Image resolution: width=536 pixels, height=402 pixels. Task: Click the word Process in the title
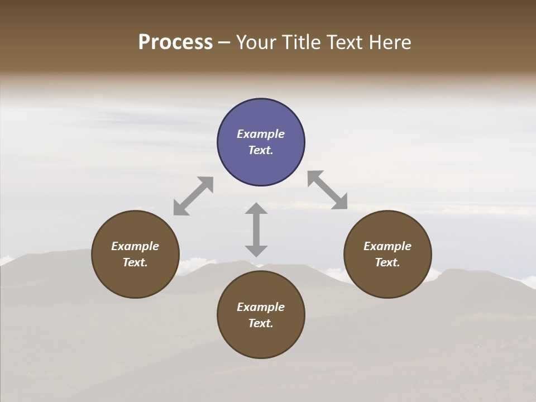175,42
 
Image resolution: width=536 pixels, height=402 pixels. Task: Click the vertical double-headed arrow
256,229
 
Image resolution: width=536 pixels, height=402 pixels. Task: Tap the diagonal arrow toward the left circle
193,196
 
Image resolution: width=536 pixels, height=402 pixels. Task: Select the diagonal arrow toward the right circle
327,190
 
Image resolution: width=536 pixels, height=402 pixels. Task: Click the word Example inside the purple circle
261,134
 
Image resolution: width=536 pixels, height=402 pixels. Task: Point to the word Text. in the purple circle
261,150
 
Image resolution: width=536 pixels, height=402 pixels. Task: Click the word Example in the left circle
135,246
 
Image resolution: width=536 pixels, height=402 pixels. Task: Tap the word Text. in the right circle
387,262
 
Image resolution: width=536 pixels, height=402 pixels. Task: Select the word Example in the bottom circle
261,307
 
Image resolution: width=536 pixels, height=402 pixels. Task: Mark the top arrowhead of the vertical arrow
256,208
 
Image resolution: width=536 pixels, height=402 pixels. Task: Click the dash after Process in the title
224,43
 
